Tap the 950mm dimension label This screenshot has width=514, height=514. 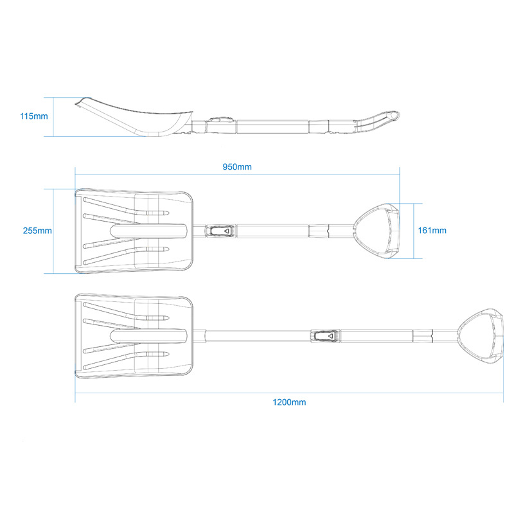coord(237,167)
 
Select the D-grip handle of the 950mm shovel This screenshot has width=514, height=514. coord(377,229)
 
